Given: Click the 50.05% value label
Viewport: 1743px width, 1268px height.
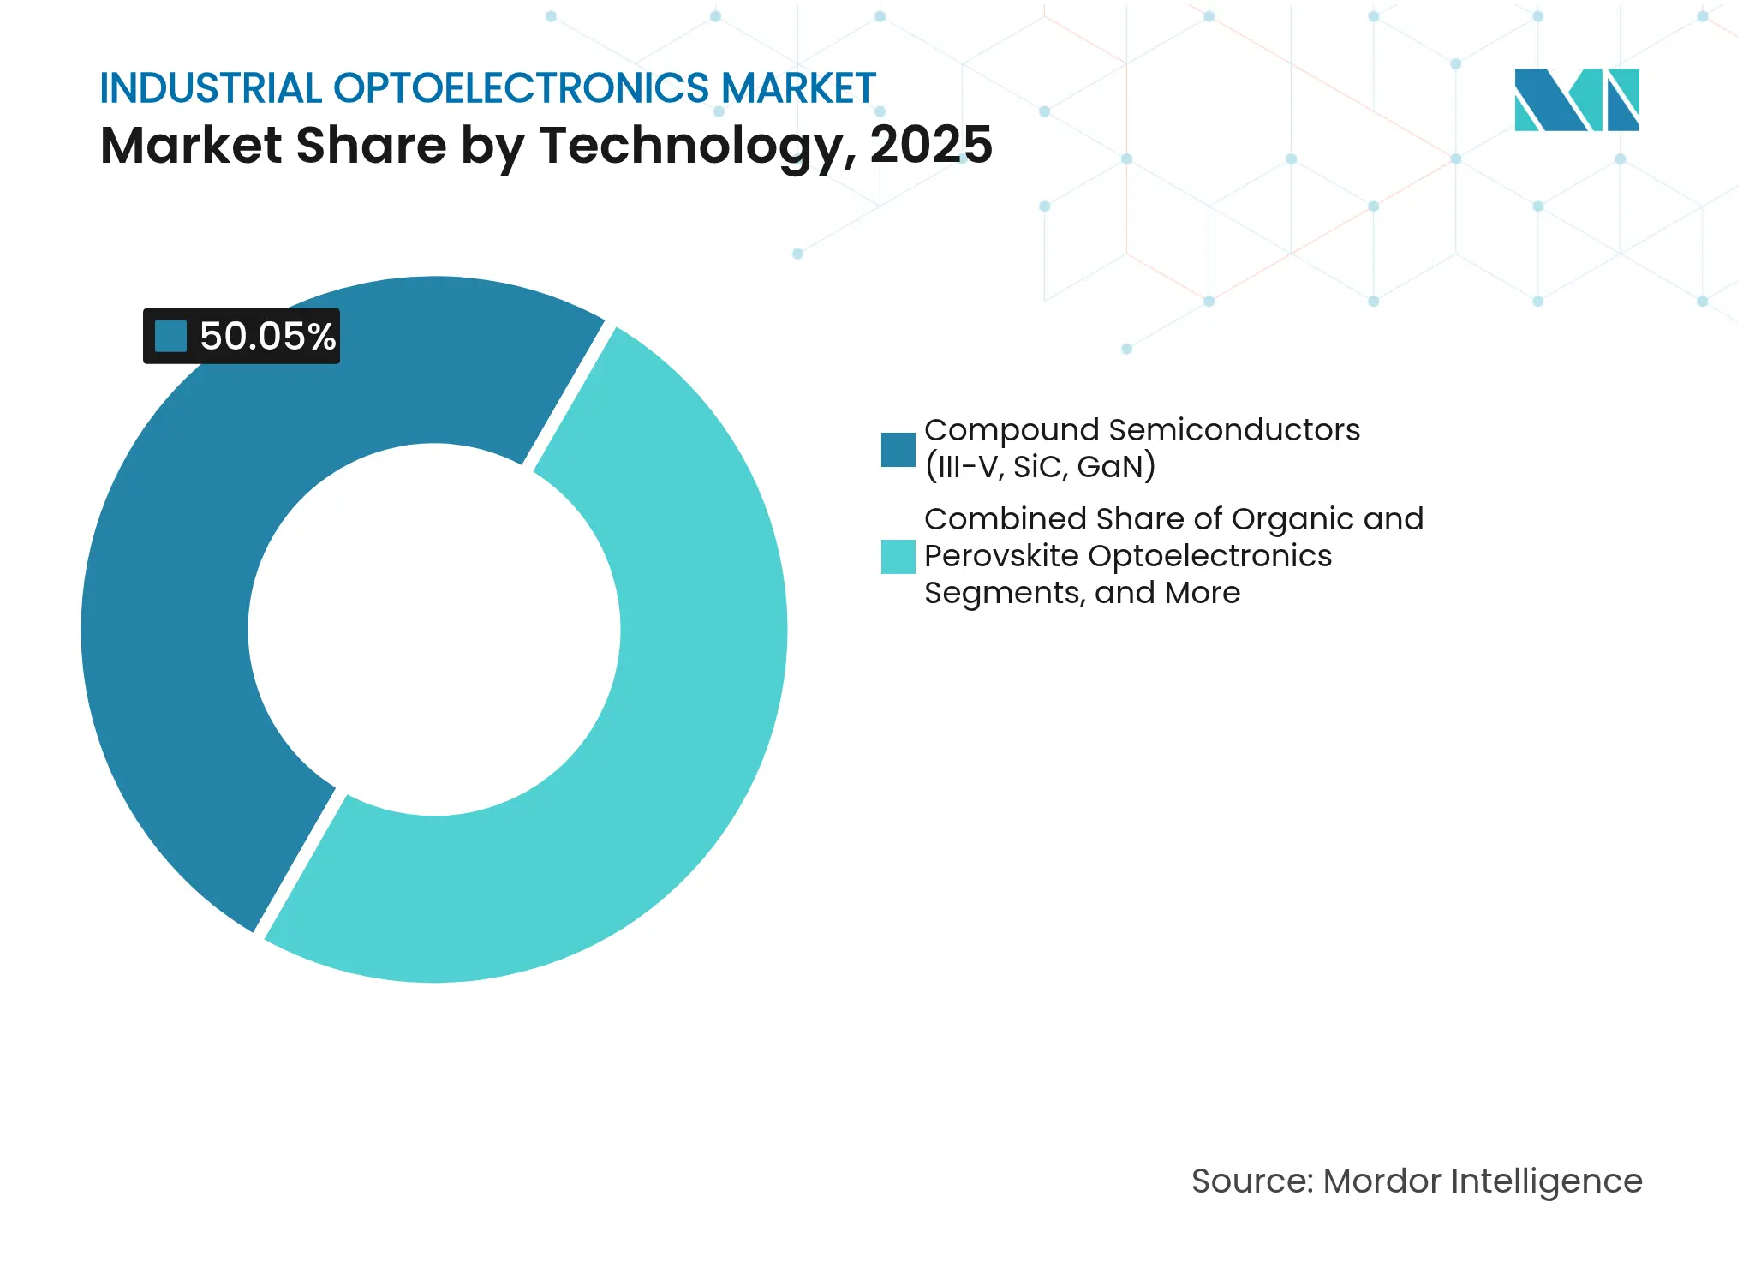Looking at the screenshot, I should [x=266, y=336].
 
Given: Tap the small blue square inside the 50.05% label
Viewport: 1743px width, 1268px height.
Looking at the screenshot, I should [x=170, y=336].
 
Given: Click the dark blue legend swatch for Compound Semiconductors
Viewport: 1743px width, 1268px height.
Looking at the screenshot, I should [x=898, y=450].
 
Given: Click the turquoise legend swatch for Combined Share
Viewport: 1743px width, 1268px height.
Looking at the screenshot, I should [x=898, y=556].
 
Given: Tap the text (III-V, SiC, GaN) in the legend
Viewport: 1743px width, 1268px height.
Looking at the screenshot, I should [x=1040, y=467].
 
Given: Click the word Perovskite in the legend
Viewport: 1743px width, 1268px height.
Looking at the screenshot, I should [x=1001, y=556].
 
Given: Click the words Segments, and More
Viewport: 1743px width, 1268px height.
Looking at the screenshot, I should [x=1081, y=593].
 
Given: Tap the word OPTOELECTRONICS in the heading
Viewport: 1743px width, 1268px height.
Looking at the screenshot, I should [x=521, y=88].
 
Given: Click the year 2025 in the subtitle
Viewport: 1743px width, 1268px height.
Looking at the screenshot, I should [x=931, y=145].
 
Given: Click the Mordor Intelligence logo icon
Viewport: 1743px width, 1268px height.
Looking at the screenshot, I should [x=1576, y=99].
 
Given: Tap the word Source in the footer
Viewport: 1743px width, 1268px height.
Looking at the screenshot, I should [x=1251, y=1181].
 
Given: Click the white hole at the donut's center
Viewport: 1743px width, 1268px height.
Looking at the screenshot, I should [x=434, y=630].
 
